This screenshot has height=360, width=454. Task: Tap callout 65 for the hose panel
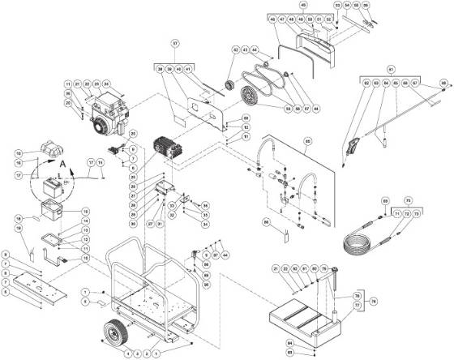coord(308,140)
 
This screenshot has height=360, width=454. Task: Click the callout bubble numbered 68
coord(444,82)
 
